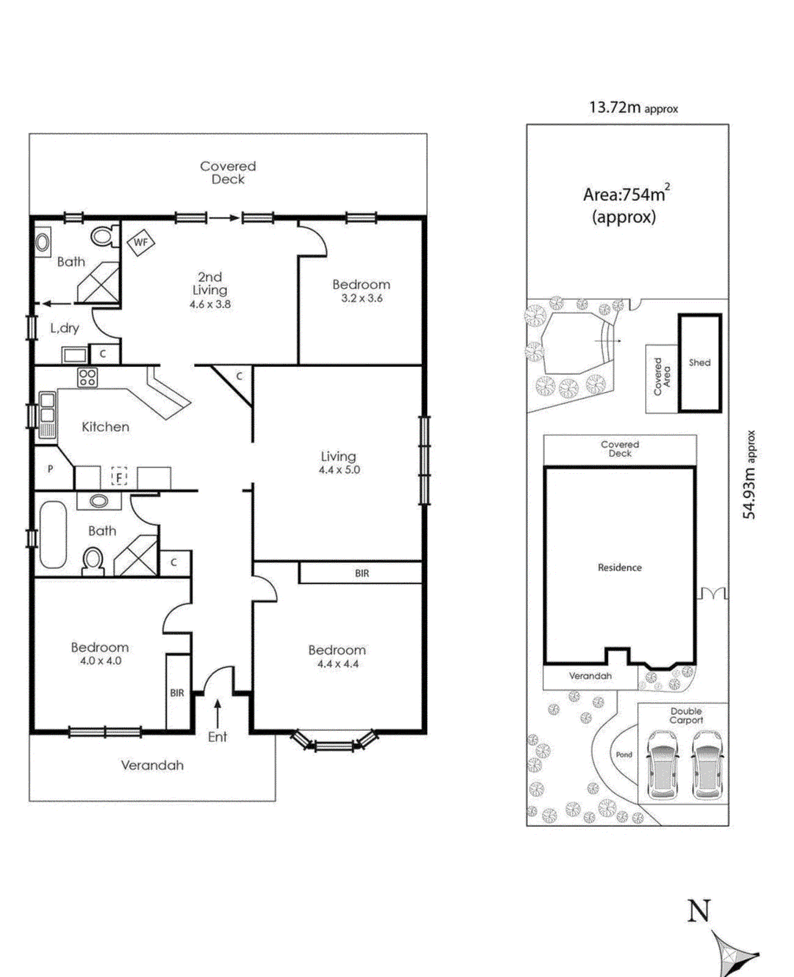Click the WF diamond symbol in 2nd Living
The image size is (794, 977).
tap(141, 242)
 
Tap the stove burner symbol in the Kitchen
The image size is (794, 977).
tap(87, 377)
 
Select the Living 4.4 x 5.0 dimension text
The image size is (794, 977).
tap(339, 470)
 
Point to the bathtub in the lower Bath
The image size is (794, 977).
tap(53, 535)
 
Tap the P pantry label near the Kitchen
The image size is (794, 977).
tap(50, 469)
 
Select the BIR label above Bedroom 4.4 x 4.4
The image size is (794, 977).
tap(362, 573)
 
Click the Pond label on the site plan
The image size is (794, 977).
tap(624, 755)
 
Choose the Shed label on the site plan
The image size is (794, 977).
tap(699, 363)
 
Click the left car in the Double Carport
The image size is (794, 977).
tap(662, 765)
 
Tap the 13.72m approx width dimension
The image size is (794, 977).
tap(633, 108)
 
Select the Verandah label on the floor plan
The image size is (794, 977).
tap(152, 766)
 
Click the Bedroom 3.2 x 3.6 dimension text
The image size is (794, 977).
tap(361, 299)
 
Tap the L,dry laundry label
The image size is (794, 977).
tap(65, 328)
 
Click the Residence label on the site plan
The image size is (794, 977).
tap(619, 568)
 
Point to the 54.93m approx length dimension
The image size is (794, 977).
tap(749, 474)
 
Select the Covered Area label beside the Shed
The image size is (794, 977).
tap(662, 377)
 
